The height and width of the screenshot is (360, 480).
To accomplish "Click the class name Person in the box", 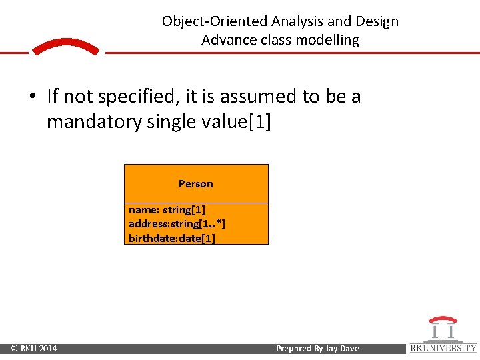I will click(195, 184).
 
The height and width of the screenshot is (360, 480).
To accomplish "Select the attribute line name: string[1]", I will click(167, 210).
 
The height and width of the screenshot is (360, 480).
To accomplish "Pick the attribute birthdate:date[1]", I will click(172, 238).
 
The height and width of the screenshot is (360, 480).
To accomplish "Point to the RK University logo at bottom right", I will click(443, 335).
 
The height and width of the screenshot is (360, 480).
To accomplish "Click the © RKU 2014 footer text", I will click(33, 349).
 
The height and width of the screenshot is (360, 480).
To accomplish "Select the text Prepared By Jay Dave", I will click(317, 349).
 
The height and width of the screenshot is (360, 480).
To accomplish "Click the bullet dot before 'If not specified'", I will click(32, 97).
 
